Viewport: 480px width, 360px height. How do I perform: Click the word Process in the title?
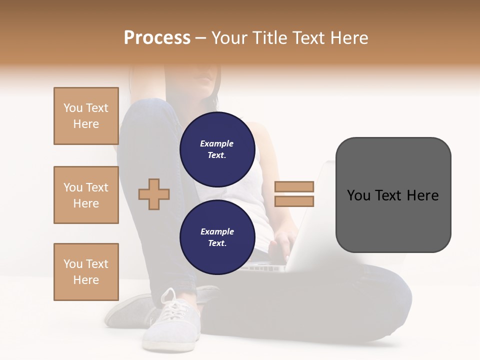[157, 38]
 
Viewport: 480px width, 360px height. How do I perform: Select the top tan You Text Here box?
[86, 116]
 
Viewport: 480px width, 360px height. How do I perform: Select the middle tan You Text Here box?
[86, 195]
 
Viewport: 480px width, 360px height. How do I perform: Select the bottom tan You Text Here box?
[86, 272]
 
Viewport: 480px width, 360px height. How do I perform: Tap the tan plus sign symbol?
[154, 194]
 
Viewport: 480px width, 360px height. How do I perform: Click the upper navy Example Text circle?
[217, 149]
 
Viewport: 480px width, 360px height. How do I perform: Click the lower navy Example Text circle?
[217, 237]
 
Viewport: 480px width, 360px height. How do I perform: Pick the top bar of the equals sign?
[294, 186]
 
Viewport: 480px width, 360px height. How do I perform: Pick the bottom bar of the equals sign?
[294, 201]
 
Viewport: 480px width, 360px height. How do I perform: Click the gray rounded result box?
[393, 195]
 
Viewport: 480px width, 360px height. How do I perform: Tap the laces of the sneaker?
[172, 307]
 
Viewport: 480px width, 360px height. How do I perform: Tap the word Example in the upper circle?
[217, 143]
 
